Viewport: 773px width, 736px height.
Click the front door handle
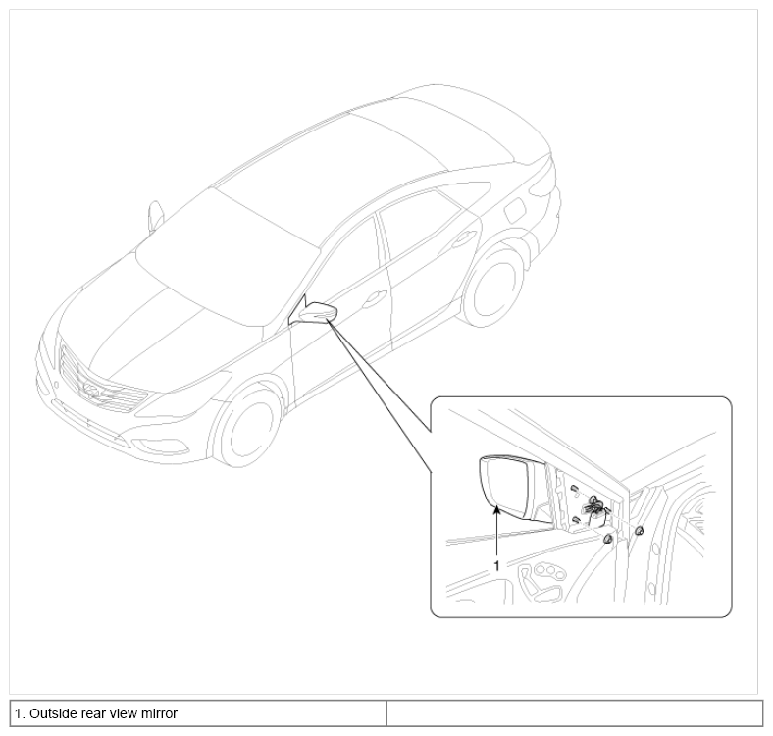click(374, 299)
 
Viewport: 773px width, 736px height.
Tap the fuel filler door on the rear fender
click(516, 209)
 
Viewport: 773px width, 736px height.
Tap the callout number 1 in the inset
click(496, 566)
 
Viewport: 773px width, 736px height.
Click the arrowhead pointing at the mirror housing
click(497, 511)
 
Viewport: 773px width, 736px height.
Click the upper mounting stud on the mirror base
click(574, 488)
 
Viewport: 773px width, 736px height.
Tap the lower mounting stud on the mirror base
click(575, 519)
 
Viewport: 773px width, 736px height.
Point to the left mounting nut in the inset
click(608, 539)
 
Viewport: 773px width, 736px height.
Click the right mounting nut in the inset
click(639, 531)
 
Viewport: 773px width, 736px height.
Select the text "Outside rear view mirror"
click(103, 713)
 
